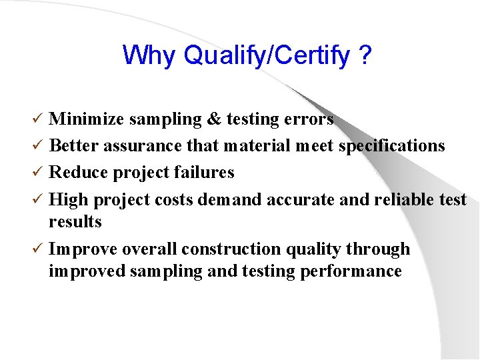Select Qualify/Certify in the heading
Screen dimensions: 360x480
coord(267,56)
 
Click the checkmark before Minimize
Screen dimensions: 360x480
coord(39,119)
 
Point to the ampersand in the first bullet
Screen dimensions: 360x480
coord(214,119)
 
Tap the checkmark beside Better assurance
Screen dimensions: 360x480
coord(39,146)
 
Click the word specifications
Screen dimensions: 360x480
coord(391,146)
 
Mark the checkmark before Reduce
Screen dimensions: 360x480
coord(39,173)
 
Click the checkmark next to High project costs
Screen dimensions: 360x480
coord(39,199)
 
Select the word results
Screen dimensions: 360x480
coord(75,222)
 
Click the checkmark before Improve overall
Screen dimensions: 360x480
coord(39,249)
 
